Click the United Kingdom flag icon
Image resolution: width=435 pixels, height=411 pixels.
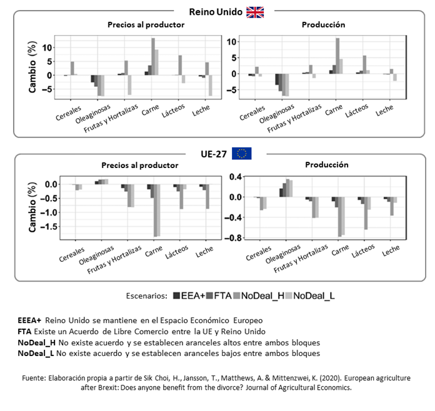[x=255, y=12]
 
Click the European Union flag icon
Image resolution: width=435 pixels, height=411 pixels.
[x=241, y=154]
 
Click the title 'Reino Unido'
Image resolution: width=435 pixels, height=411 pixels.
[x=216, y=12]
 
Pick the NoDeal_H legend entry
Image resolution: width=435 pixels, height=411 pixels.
[x=263, y=295]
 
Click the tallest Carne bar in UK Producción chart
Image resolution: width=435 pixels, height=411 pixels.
[x=337, y=56]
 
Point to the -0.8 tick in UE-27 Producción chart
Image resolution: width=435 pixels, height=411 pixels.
[x=234, y=238]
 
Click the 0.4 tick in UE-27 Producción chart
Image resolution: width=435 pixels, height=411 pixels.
[x=235, y=177]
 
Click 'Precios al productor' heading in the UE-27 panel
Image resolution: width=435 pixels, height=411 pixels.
[x=140, y=166]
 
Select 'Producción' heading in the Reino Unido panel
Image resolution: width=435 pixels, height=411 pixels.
[x=323, y=25]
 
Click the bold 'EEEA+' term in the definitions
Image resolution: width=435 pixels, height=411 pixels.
[x=30, y=320]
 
